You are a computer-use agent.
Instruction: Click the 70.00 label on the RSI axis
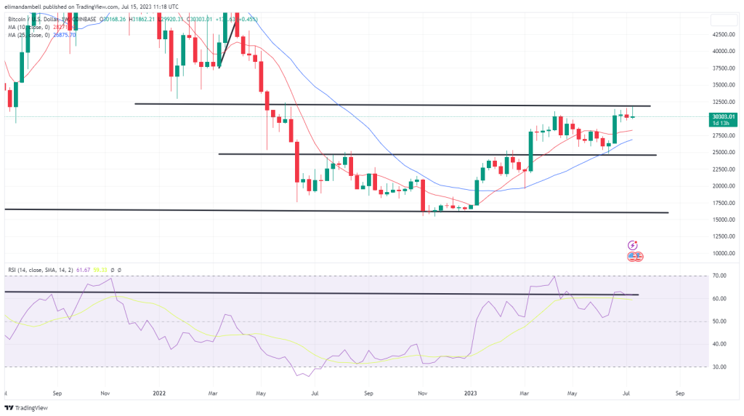[x=720, y=276]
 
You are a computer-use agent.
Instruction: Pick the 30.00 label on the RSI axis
[x=720, y=367]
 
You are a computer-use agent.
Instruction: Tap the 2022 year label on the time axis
[x=160, y=393]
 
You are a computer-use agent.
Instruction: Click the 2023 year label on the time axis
[x=471, y=393]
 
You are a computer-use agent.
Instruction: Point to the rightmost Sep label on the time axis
[x=679, y=393]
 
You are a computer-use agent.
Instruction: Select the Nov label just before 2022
[x=105, y=393]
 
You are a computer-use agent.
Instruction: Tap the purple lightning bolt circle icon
[x=633, y=246]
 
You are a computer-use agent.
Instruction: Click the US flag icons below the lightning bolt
[x=634, y=257]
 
